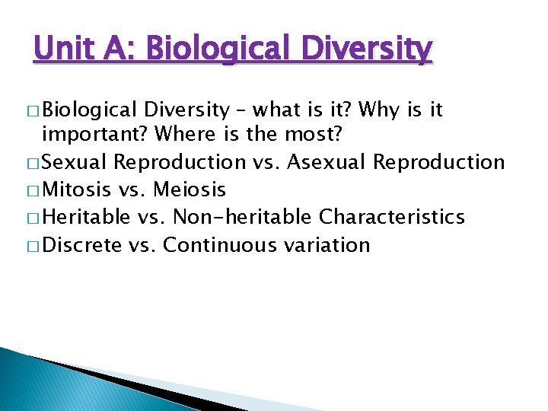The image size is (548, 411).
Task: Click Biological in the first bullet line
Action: pyautogui.click(x=89, y=110)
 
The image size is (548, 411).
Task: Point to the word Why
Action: pyautogui.click(x=377, y=110)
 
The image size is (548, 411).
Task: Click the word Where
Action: pyautogui.click(x=183, y=134)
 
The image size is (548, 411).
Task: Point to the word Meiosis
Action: pyautogui.click(x=190, y=190)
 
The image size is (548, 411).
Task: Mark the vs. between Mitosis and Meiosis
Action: pyautogui.click(x=134, y=190)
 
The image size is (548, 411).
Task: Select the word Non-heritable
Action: pyautogui.click(x=242, y=217)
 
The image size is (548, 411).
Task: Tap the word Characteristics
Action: pyautogui.click(x=392, y=217)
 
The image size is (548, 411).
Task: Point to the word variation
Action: pyautogui.click(x=328, y=244)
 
